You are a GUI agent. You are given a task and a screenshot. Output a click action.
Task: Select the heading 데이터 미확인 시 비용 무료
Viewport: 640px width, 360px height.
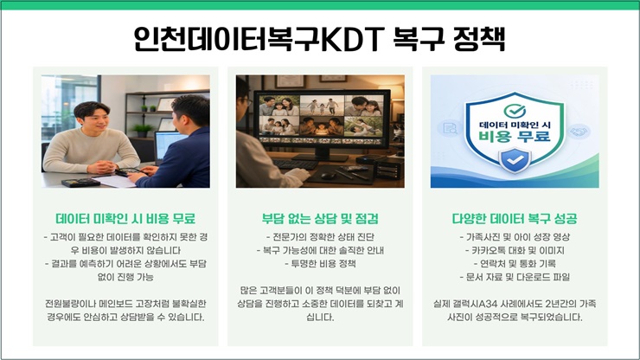pyautogui.click(x=125, y=219)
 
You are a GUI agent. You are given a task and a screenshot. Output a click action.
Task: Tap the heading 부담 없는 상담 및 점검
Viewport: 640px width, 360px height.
pyautogui.click(x=320, y=219)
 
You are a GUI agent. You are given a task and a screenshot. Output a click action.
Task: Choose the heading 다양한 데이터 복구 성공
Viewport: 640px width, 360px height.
pyautogui.click(x=515, y=219)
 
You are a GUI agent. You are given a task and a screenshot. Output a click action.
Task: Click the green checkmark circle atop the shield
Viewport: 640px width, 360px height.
pyautogui.click(x=515, y=110)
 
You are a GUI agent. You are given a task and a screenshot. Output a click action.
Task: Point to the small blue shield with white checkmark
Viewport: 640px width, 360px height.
pyautogui.click(x=515, y=160)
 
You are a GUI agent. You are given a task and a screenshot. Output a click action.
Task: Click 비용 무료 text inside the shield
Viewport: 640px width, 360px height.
pyautogui.click(x=515, y=137)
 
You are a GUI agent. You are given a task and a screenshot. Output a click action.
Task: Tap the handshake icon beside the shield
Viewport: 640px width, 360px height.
pyautogui.click(x=579, y=132)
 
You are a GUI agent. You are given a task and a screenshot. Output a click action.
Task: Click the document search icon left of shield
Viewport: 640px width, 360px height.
pyautogui.click(x=450, y=128)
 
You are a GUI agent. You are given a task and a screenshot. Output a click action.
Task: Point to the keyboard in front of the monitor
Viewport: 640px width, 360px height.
pyautogui.click(x=295, y=164)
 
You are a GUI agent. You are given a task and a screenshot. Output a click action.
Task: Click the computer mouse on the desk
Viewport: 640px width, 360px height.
pyautogui.click(x=327, y=176)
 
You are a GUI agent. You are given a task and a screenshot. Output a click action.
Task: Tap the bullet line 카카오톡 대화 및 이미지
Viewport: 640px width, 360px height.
pyautogui.click(x=515, y=250)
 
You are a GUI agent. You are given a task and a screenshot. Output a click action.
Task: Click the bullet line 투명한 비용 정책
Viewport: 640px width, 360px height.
pyautogui.click(x=320, y=264)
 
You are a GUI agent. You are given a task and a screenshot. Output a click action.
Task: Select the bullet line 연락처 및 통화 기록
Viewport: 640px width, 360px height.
pyautogui.click(x=515, y=264)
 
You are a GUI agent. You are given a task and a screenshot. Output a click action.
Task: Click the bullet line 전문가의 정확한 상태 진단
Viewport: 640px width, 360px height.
pyautogui.click(x=320, y=237)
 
